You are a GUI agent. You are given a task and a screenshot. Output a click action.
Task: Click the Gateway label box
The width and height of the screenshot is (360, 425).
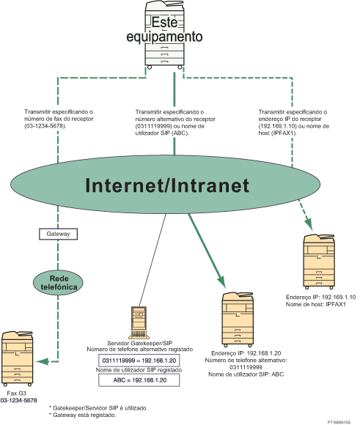click(x=58, y=234)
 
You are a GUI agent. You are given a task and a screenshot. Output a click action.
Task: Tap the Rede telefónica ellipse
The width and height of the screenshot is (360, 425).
click(x=59, y=282)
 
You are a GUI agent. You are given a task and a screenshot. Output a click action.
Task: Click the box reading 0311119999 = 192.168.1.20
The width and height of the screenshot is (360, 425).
click(x=139, y=360)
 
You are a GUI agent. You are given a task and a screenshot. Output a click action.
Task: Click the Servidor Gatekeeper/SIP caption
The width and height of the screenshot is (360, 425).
click(x=139, y=344)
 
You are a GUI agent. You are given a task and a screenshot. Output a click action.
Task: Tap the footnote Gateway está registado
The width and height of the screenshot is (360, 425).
click(x=81, y=414)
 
